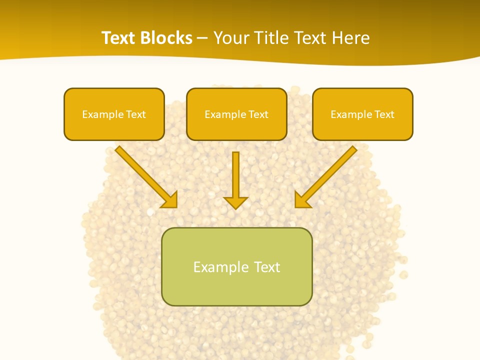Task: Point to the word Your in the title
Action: [229, 38]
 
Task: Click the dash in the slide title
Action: [202, 38]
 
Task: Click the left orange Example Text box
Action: [114, 114]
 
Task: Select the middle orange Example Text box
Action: [236, 114]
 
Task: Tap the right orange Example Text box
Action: [362, 114]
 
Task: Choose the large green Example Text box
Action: [236, 266]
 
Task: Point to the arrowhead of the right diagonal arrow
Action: [301, 200]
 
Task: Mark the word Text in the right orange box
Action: [384, 114]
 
